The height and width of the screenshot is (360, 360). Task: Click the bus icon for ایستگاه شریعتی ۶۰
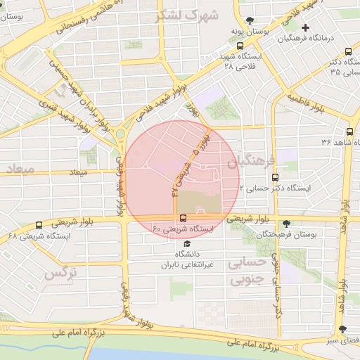tap(183, 218)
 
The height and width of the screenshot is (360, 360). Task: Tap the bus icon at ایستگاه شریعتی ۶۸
tap(39, 226)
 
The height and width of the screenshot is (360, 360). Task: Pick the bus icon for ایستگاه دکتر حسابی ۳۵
tap(349, 51)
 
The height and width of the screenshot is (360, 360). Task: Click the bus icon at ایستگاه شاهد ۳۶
tap(349, 131)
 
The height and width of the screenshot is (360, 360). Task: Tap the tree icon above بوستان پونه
tap(249, 20)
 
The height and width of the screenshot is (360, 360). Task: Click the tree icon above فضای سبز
tap(342, 329)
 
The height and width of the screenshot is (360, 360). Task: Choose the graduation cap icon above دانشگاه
tap(186, 243)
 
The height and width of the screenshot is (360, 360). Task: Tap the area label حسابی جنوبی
tap(247, 270)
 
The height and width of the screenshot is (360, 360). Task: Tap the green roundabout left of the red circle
tap(120, 133)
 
